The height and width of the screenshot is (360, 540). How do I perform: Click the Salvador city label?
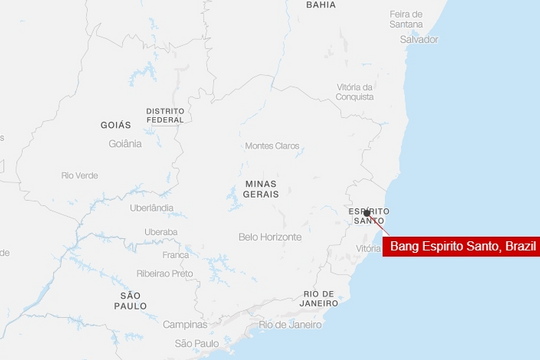[x=419, y=39]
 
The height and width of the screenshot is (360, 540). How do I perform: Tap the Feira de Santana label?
[x=413, y=19]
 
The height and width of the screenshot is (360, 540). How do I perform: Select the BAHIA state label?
[x=321, y=5]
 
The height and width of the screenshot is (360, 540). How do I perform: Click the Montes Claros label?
[x=272, y=146]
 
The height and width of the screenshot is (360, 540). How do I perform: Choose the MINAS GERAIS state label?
[x=260, y=190]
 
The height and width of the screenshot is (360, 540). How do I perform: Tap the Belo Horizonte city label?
[x=270, y=237]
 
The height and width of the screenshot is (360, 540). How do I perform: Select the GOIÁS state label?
[x=116, y=125]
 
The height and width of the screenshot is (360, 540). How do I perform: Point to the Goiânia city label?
[x=125, y=143]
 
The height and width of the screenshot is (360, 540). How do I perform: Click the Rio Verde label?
[x=80, y=175]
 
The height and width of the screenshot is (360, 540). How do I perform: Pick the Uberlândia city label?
[x=151, y=208]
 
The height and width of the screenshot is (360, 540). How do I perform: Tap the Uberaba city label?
[x=161, y=231]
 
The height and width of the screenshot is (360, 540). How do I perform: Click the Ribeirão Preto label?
[x=165, y=273]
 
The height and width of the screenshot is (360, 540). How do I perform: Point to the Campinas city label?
[x=186, y=324]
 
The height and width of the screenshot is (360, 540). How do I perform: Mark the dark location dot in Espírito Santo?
[x=367, y=213]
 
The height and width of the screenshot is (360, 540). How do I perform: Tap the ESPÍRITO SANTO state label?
[x=369, y=217]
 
